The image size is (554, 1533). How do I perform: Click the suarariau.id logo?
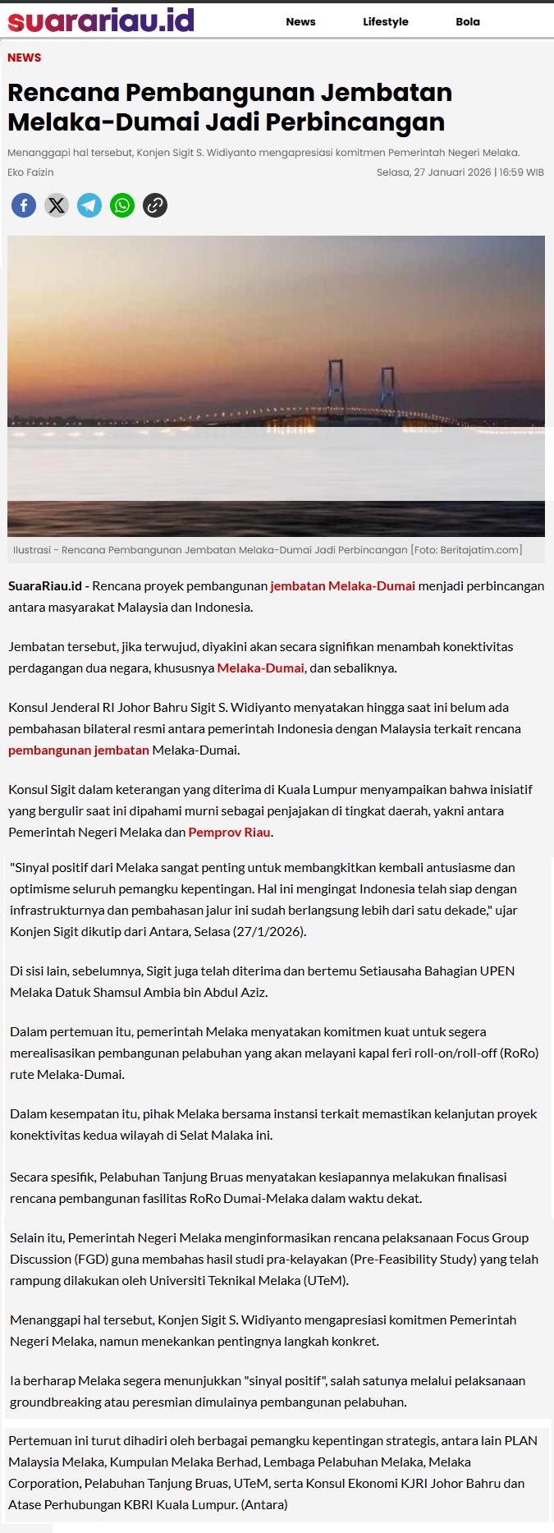tap(101, 21)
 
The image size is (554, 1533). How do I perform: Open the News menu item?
tap(300, 22)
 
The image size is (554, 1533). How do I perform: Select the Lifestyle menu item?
tap(386, 22)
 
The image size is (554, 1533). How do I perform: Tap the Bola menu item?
tap(468, 22)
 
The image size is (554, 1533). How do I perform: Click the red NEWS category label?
tap(25, 57)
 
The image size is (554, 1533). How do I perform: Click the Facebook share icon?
tap(24, 204)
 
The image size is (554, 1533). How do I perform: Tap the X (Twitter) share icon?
tap(57, 204)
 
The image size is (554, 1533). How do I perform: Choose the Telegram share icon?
tap(89, 204)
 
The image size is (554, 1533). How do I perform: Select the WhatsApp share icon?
tap(122, 204)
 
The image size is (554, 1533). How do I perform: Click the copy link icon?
tap(155, 204)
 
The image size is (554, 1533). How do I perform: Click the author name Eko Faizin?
tap(30, 172)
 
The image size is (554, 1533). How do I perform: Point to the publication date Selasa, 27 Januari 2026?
tap(433, 172)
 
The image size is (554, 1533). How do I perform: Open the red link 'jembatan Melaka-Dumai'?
tap(342, 586)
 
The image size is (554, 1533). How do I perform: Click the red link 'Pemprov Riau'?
tap(229, 833)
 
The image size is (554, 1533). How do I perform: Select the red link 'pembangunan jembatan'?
tap(79, 750)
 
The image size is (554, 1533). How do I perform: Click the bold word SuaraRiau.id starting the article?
tap(45, 586)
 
